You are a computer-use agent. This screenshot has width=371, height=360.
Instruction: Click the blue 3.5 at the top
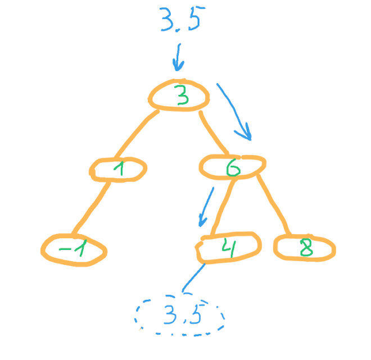point(182,20)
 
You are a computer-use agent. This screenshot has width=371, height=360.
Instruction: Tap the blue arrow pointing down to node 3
point(178,57)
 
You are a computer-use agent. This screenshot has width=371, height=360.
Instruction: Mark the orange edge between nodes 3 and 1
point(135,133)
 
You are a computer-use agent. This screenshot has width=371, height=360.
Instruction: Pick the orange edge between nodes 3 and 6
point(212,134)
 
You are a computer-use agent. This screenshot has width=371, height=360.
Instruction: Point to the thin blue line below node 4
point(193,278)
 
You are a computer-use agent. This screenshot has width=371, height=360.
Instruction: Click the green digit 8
point(307,247)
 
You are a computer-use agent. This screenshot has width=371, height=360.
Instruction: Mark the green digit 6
point(233,167)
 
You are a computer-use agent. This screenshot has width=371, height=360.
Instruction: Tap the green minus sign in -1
point(64,249)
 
